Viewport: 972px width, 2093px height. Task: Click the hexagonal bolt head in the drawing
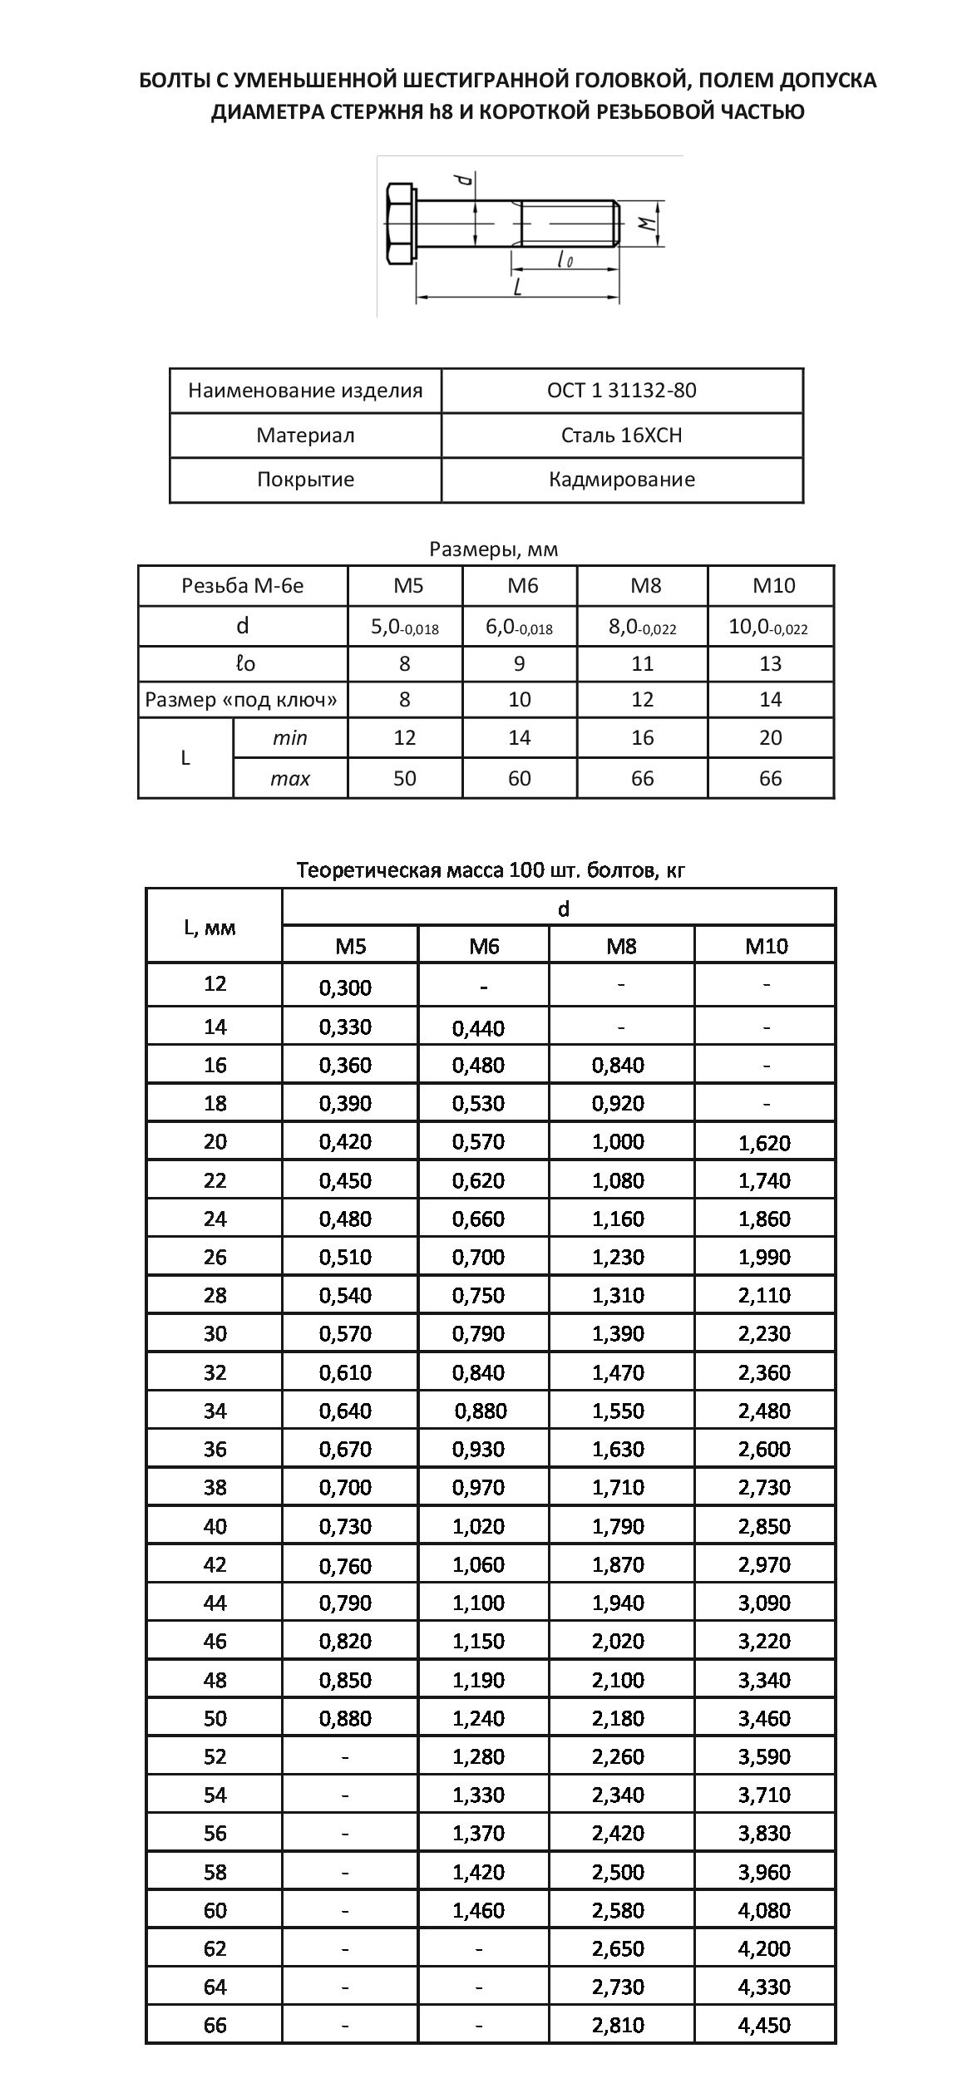[400, 224]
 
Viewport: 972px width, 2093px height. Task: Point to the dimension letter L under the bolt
[517, 287]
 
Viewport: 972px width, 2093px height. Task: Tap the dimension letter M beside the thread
[644, 223]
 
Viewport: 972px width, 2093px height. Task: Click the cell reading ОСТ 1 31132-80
[621, 391]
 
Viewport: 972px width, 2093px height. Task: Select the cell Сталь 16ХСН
[621, 436]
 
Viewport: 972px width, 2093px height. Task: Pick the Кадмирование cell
[621, 480]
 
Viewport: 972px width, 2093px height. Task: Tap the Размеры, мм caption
[493, 549]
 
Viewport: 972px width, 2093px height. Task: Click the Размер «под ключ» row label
[242, 700]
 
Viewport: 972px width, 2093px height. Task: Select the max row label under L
[289, 779]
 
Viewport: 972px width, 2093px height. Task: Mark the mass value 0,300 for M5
[345, 987]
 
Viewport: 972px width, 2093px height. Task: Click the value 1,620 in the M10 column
[764, 1143]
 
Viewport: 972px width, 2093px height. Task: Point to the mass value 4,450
[764, 2025]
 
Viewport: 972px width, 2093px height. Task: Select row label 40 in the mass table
[215, 1525]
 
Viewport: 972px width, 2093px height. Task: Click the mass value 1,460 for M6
[478, 1910]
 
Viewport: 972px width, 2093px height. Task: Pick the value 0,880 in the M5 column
[345, 1718]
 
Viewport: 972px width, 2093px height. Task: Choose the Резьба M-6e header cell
[242, 586]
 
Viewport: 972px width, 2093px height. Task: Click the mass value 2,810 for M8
[618, 2025]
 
